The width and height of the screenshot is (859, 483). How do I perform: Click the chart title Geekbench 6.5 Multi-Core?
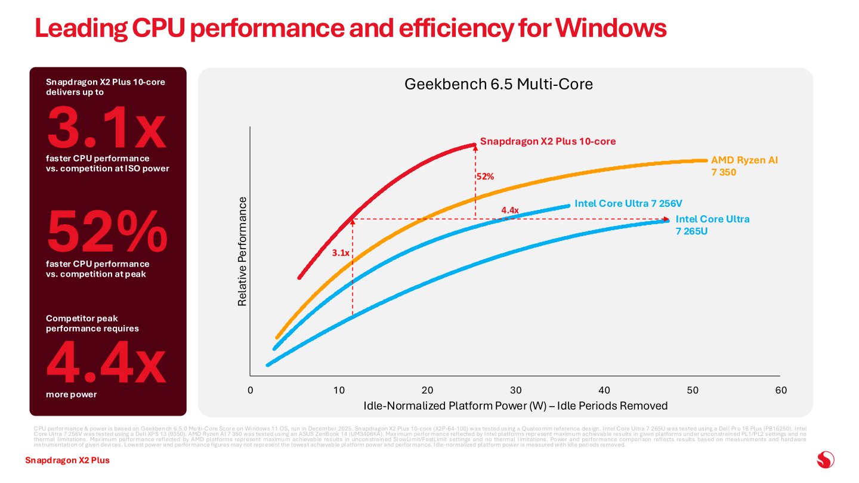coord(499,85)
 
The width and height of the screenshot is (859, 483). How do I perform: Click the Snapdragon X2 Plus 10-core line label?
coord(548,142)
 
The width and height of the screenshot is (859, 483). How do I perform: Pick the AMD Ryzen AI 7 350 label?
coord(744,166)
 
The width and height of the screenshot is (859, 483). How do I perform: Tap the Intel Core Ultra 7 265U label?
coord(712,225)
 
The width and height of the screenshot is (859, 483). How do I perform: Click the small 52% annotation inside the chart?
coord(486,177)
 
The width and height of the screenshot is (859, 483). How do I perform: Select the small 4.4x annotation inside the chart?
coord(510,210)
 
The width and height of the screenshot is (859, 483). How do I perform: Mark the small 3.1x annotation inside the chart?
coord(341,253)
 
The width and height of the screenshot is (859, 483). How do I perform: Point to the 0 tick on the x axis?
coord(251,390)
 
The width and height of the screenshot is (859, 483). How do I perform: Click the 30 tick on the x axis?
coord(515,390)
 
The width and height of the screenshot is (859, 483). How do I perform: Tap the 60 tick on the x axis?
coord(780,390)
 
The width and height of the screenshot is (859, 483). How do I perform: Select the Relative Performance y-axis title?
coord(243,251)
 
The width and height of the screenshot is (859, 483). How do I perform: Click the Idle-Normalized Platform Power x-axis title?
coord(515,406)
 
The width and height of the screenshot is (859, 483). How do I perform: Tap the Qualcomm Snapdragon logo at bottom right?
coord(825,460)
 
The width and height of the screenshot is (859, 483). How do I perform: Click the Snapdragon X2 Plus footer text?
coord(67,460)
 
